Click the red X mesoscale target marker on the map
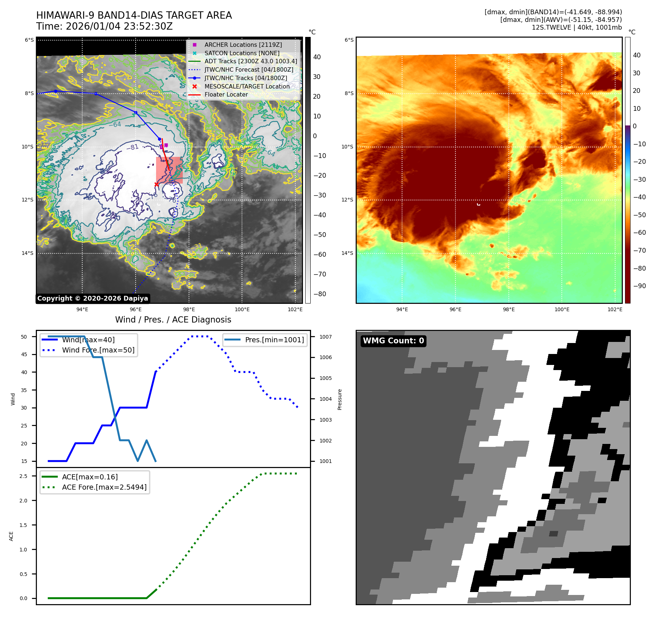(156, 184)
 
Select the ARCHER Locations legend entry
(243, 45)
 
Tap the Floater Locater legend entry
(226, 94)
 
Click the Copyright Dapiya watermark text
(92, 298)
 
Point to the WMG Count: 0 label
(393, 341)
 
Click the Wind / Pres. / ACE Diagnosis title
(173, 320)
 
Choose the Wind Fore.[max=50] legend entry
(98, 350)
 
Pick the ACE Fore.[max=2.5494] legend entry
(104, 487)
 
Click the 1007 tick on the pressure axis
(325, 337)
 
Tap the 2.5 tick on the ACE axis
(23, 476)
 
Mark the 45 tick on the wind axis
(24, 354)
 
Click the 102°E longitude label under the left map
(295, 309)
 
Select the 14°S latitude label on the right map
(347, 253)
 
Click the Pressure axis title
(340, 399)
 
